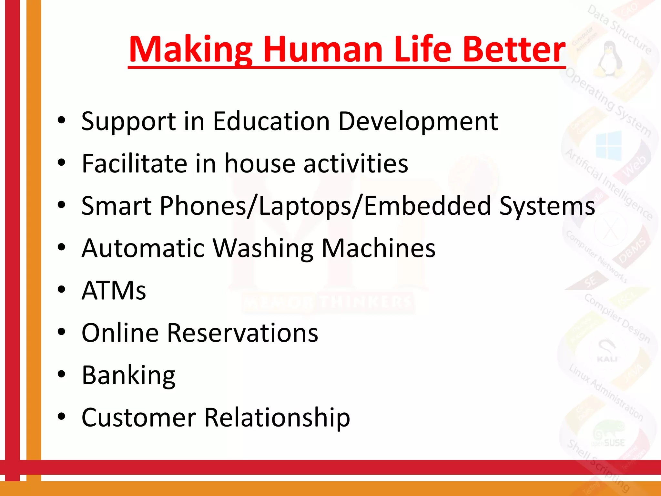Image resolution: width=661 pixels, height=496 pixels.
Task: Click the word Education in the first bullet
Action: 271,121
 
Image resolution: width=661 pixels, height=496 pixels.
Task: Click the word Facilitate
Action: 134,163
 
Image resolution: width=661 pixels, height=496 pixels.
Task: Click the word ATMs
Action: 114,290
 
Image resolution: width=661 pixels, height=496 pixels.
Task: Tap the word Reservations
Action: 242,333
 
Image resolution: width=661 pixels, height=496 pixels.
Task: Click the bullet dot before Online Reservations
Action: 61,332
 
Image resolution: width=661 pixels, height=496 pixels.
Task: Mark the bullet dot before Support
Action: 61,120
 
